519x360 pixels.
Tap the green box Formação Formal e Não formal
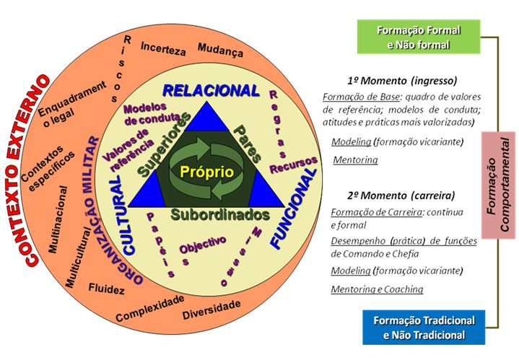pos(419,37)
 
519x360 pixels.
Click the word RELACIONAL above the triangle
pos(211,91)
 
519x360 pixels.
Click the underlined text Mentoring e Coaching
pos(377,289)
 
